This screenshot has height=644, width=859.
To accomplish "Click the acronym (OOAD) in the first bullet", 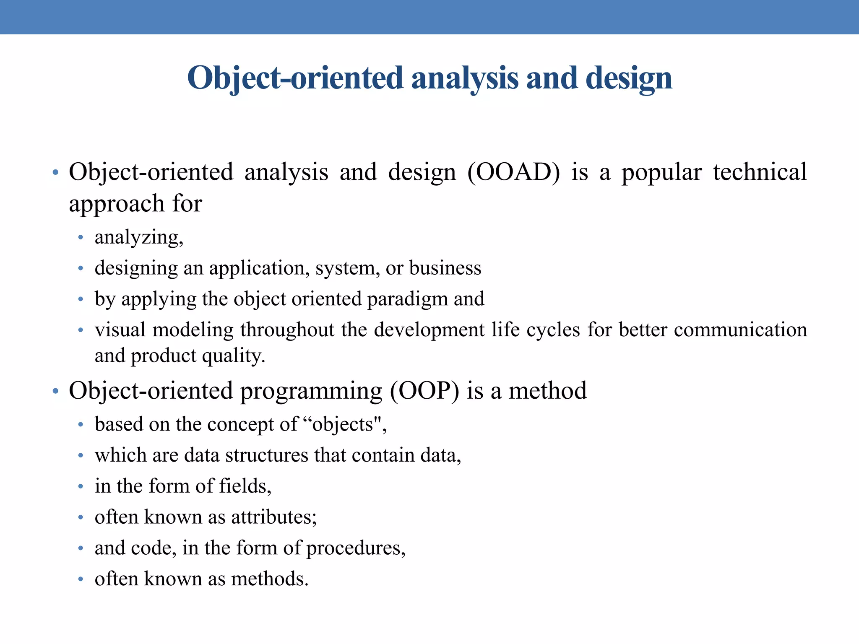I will (x=513, y=172).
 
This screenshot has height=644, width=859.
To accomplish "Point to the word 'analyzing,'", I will (x=139, y=238).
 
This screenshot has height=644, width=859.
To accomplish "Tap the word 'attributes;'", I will (x=274, y=517).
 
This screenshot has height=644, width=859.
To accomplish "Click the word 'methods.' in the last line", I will (x=270, y=579).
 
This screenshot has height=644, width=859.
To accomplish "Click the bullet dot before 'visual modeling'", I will (x=81, y=330).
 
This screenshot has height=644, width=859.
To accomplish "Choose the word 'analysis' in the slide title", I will (x=465, y=78).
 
